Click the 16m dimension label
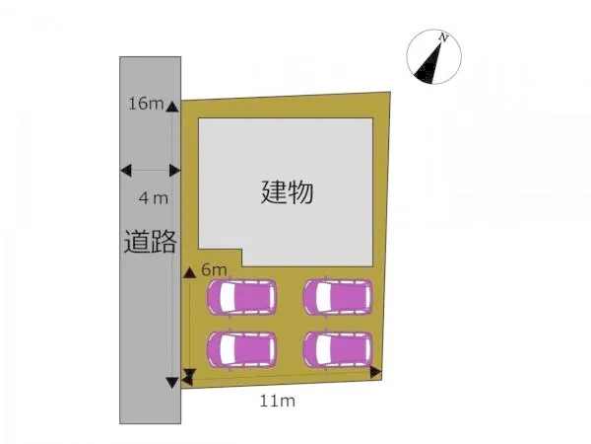pos(146,104)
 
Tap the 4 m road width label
pos(154,198)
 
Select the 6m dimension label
pos(214,269)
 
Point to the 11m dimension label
pos(278,401)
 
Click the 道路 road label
pos(151,242)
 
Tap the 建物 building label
pos(287,192)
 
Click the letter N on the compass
pos(443,37)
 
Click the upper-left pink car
pos(241,297)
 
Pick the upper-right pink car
pos(338,297)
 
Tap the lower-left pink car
pos(241,349)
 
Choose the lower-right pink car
pos(338,349)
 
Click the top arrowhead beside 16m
pos(172,107)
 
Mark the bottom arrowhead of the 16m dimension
pos(172,383)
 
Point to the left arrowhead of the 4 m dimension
pos(126,171)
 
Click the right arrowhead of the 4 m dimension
pos(175,171)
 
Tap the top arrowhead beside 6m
pos(189,272)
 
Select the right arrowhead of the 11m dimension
pos(376,372)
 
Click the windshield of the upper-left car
pos(228,297)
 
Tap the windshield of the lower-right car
pos(324,349)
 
